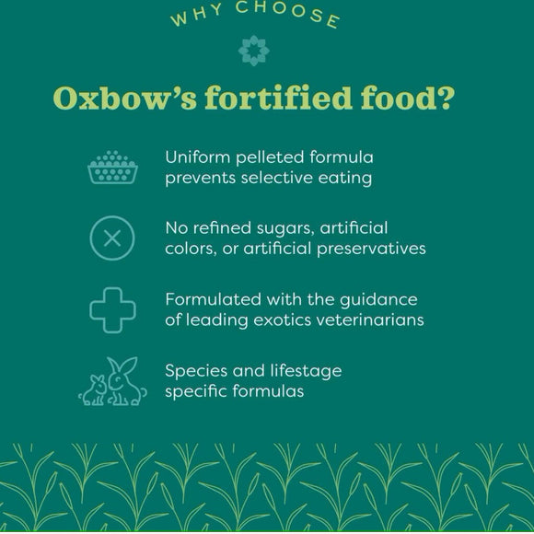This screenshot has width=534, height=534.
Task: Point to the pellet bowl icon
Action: pyautogui.click(x=111, y=167)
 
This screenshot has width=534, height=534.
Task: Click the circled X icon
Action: pyautogui.click(x=111, y=238)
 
